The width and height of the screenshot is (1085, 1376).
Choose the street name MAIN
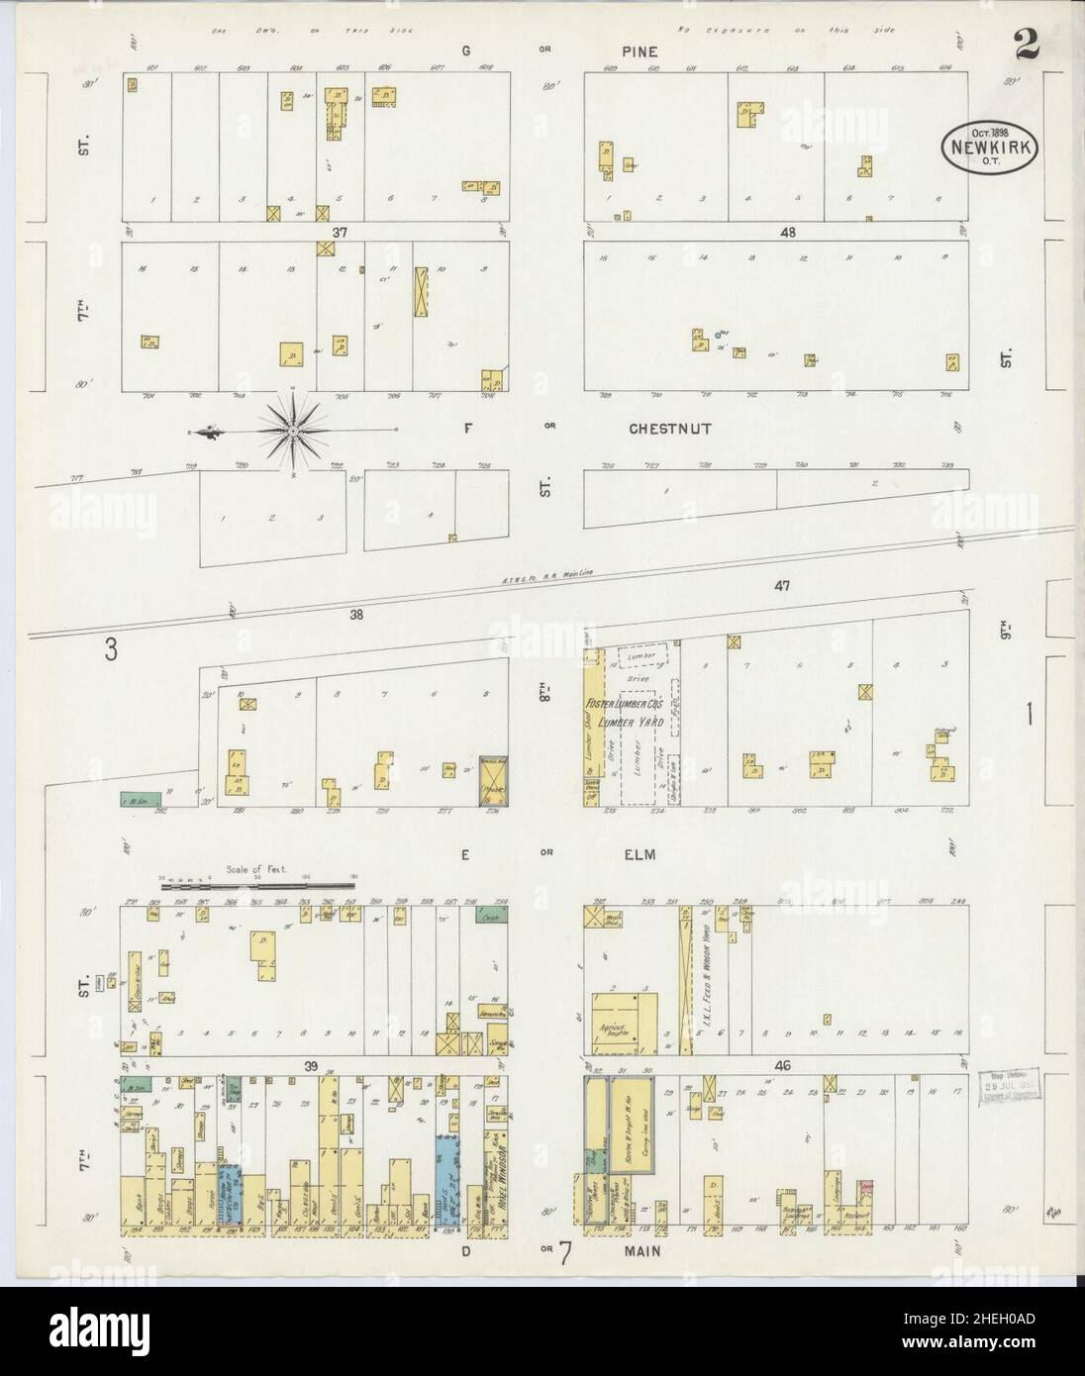(641, 1249)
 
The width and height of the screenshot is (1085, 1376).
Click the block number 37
(342, 232)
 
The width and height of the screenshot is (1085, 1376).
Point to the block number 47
(782, 586)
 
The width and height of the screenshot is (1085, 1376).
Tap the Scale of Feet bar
(257, 877)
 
